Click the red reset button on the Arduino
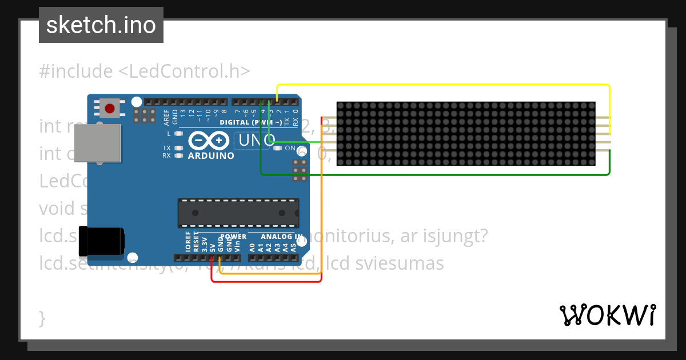(x=109, y=108)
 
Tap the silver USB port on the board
(x=98, y=143)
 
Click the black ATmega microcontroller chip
(x=238, y=213)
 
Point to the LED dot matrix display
(x=465, y=134)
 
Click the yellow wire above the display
(x=446, y=85)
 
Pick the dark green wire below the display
(x=434, y=174)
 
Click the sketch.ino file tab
(x=101, y=25)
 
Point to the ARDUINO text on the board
(x=211, y=155)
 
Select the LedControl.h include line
(x=145, y=71)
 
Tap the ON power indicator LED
(x=278, y=148)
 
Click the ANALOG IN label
(x=282, y=237)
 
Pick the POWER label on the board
(x=233, y=237)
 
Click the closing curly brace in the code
(x=42, y=318)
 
